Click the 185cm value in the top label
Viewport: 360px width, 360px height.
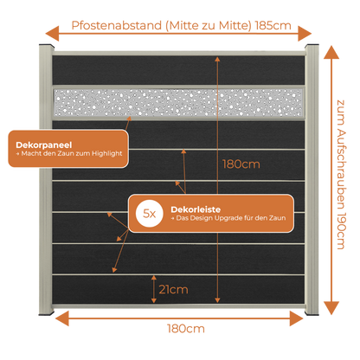(273, 26)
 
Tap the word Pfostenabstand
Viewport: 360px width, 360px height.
(117, 26)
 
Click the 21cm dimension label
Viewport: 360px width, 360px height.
(173, 289)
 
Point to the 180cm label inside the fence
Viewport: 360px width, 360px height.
(241, 164)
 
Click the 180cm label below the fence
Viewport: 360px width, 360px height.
(186, 329)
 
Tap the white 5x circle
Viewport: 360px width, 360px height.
(150, 214)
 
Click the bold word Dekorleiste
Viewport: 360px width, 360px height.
(196, 209)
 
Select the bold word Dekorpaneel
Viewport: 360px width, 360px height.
(44, 145)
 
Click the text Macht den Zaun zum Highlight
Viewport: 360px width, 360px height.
(69, 153)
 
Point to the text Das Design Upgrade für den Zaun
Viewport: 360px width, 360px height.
(228, 218)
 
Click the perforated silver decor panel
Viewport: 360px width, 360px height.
(178, 102)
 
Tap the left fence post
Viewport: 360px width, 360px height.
(46, 180)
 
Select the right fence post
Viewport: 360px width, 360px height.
(312, 180)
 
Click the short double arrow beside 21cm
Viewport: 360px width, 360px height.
(154, 289)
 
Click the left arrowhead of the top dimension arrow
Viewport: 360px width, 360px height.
(52, 34)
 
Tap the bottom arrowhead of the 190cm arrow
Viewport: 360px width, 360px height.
(331, 307)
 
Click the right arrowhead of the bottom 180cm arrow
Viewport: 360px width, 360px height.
(296, 318)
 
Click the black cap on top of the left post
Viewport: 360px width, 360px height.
(46, 46)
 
